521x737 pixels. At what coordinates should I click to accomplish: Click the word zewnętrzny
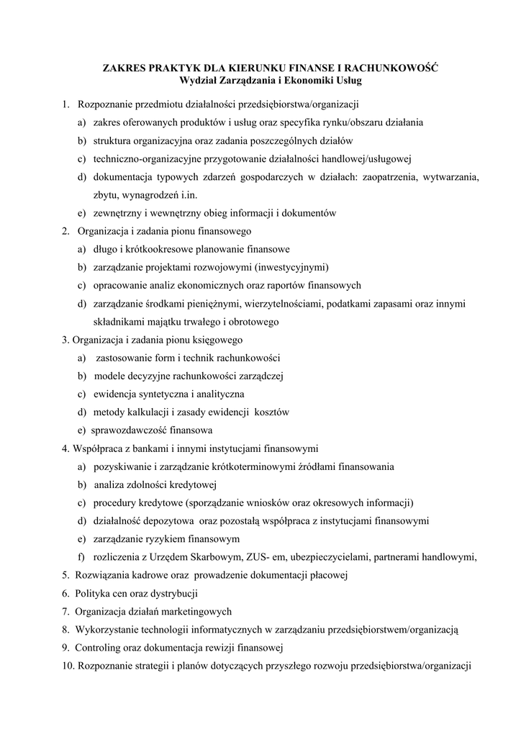pos(117,213)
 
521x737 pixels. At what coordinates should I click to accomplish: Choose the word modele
pos(109,376)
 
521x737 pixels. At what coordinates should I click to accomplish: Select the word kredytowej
pos(192,484)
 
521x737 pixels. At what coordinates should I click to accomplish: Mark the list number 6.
pos(65,594)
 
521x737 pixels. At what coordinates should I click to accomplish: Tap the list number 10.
pos(68,666)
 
